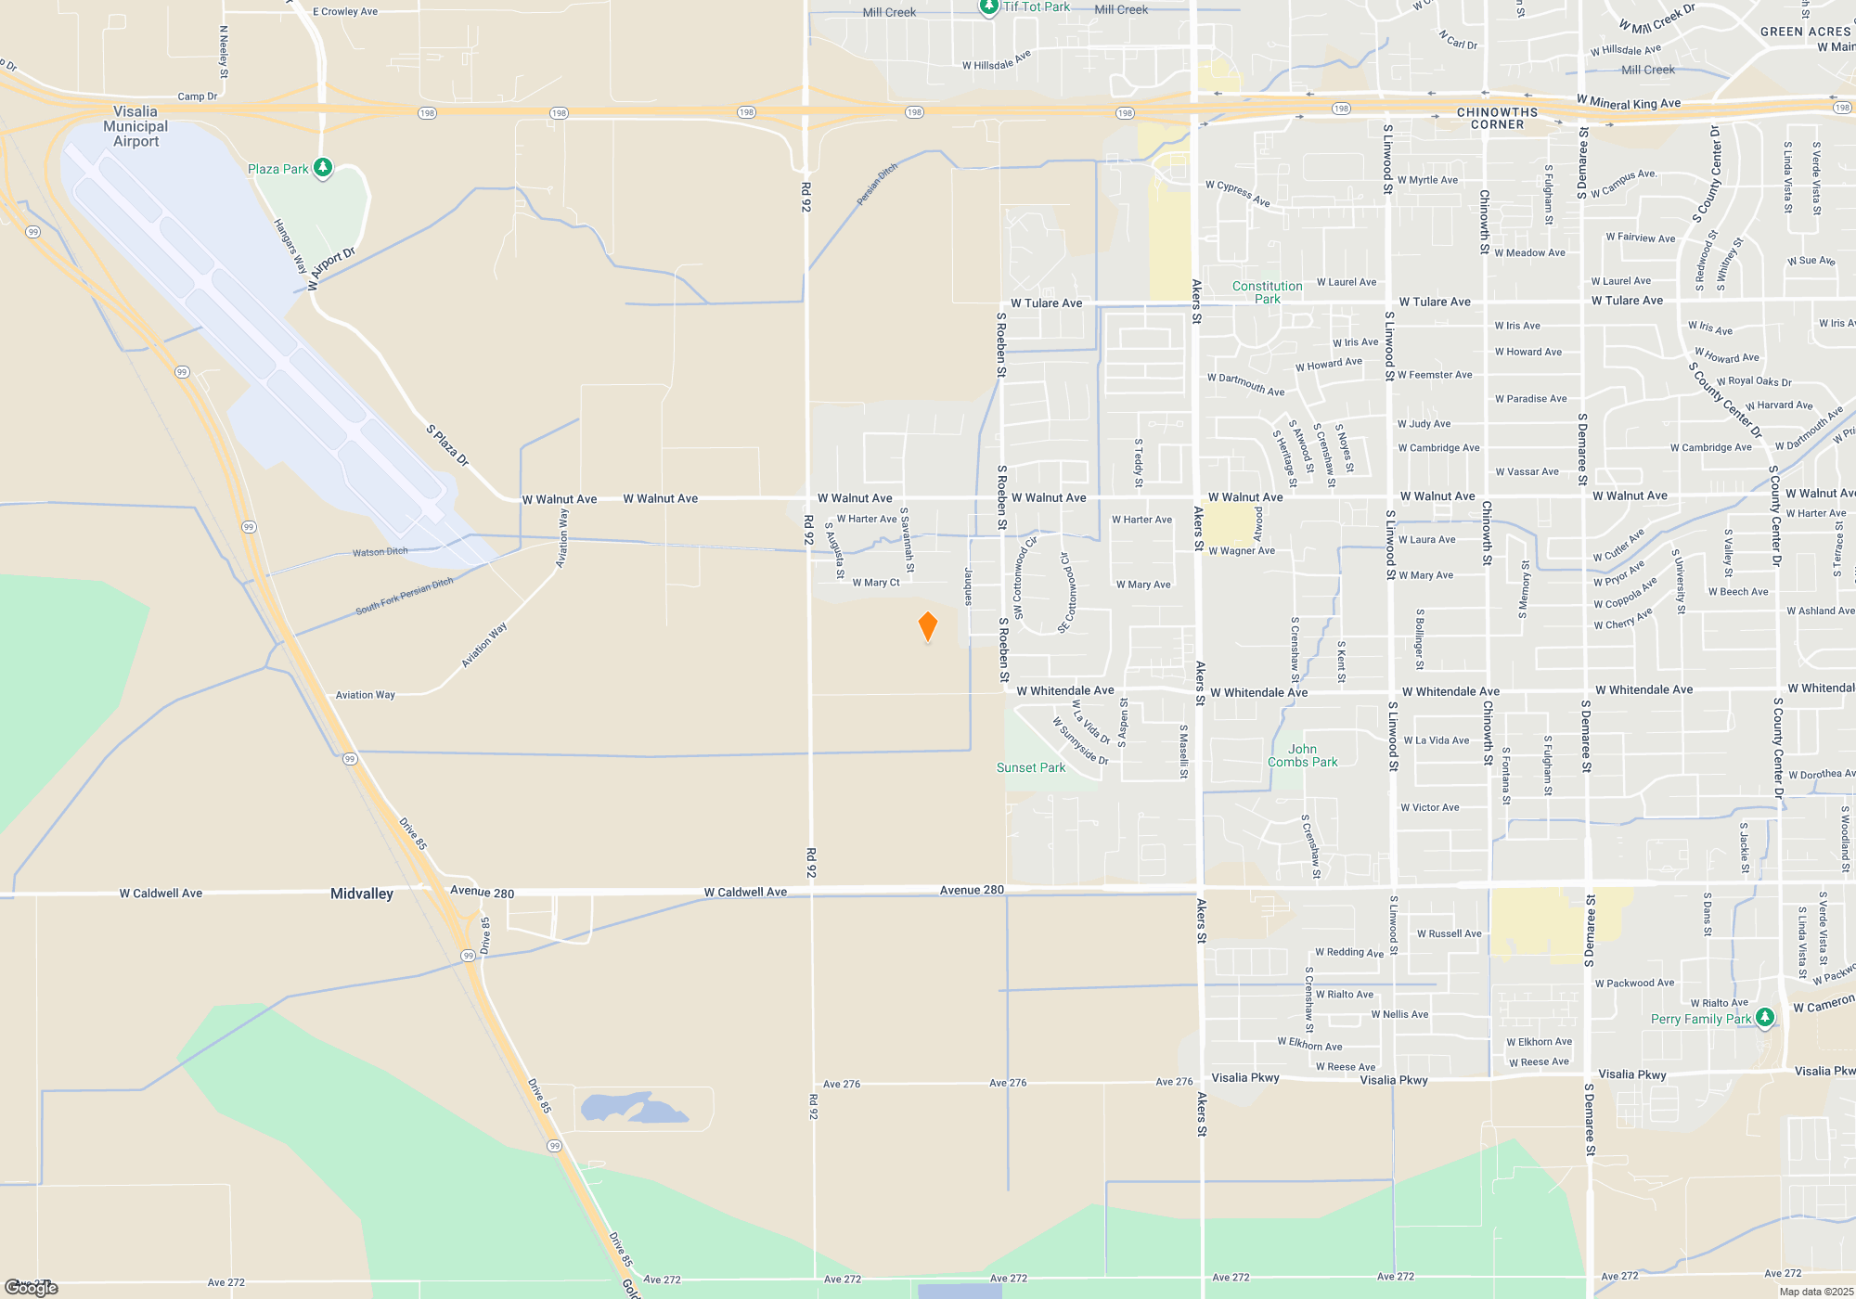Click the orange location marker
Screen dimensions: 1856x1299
click(927, 626)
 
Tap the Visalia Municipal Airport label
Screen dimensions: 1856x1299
click(135, 126)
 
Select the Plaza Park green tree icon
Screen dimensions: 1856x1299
click(323, 168)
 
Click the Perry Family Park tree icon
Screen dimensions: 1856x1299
click(1765, 1017)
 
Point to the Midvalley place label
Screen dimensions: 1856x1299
click(362, 894)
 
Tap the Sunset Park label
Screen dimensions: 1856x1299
click(1031, 767)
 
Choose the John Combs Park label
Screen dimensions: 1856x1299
click(1303, 755)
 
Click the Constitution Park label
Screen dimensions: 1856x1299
click(1267, 292)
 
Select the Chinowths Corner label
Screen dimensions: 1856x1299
click(1497, 118)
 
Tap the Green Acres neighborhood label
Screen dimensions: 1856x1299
click(1805, 32)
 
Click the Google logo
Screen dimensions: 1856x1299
click(32, 1288)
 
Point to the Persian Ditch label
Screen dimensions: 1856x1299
click(877, 184)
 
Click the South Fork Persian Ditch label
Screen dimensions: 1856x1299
click(405, 596)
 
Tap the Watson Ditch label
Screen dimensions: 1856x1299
click(380, 552)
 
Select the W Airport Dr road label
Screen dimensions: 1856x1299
click(331, 269)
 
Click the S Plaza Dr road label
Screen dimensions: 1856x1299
click(447, 445)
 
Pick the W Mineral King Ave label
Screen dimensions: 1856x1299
click(1629, 102)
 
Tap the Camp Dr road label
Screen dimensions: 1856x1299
click(198, 96)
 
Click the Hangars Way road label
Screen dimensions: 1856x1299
click(290, 246)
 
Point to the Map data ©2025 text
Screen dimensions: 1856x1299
click(1816, 1292)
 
